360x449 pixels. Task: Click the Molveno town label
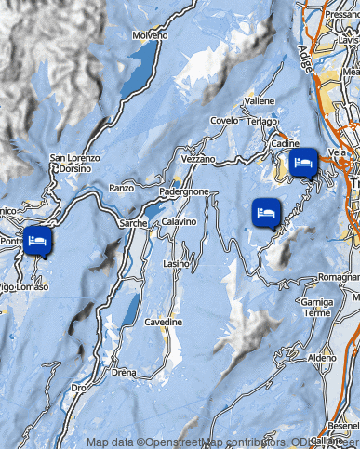click(149, 35)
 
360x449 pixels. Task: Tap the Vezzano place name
click(197, 160)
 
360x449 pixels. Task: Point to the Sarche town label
click(134, 224)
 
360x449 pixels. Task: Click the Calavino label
click(179, 222)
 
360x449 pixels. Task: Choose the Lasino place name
click(176, 264)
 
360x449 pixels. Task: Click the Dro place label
click(81, 388)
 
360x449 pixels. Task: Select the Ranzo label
click(122, 188)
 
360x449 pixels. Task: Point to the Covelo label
click(224, 121)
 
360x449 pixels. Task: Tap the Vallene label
click(260, 99)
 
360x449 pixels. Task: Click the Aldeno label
click(322, 358)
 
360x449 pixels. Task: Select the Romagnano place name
click(339, 278)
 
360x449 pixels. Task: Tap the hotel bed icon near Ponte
click(37, 241)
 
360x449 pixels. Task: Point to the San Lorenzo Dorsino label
click(71, 164)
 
